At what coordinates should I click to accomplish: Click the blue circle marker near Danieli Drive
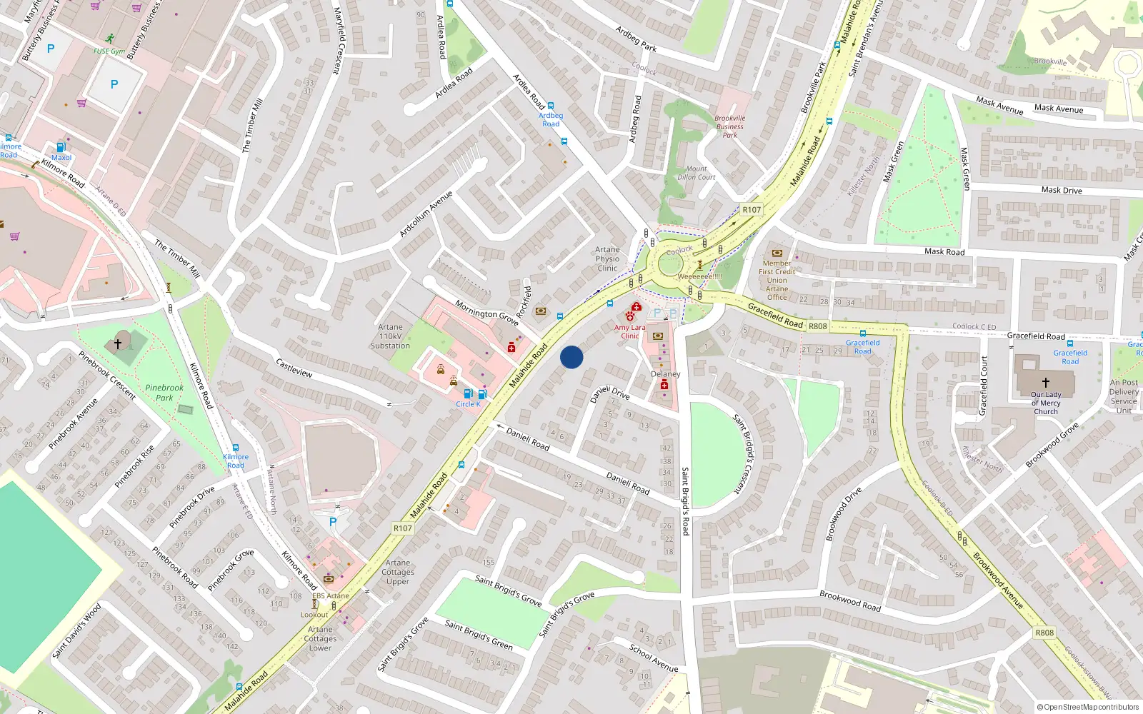tap(571, 357)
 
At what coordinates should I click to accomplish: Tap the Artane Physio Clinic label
tap(607, 259)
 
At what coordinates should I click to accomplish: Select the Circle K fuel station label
tap(468, 404)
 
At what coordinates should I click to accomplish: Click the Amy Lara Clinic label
tap(629, 331)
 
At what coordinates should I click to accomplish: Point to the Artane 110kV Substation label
tap(390, 336)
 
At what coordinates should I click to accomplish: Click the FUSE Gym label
tap(109, 51)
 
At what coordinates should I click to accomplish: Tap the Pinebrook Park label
tap(164, 393)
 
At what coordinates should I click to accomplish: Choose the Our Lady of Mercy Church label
tap(1046, 403)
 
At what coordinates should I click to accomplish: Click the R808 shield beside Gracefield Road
tap(818, 326)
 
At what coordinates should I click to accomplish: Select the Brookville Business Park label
tap(729, 126)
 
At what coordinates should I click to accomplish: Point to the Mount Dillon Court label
tap(696, 174)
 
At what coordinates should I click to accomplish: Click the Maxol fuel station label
tap(61, 158)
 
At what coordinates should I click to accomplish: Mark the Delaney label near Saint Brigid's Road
tap(665, 374)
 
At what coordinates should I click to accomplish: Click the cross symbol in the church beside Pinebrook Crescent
tap(118, 343)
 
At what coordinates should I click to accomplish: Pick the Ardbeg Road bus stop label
tap(551, 119)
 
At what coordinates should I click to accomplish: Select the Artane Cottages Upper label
tap(398, 572)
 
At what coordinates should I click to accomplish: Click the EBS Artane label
tap(331, 595)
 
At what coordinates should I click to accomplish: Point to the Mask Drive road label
tap(1062, 190)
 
